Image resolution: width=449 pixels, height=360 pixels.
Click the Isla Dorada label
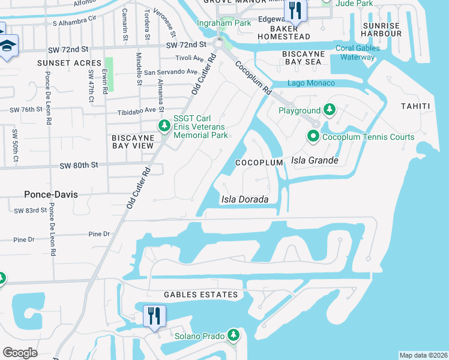[244, 200]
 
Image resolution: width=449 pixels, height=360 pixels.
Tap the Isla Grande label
[315, 161]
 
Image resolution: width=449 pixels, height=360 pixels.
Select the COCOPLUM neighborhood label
[259, 163]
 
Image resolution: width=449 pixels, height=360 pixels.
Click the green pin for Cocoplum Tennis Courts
[313, 137]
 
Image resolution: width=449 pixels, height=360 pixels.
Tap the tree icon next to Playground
[329, 110]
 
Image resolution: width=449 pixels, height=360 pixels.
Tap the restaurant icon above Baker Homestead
[294, 9]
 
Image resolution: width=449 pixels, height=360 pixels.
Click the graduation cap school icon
[8, 46]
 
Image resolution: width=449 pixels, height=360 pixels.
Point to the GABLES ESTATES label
[201, 295]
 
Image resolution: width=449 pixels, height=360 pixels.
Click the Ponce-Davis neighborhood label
[52, 194]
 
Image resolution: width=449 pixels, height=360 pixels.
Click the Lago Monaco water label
[312, 83]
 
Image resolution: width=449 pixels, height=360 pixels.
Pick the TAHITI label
[415, 106]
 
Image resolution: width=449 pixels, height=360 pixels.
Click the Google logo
[20, 353]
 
